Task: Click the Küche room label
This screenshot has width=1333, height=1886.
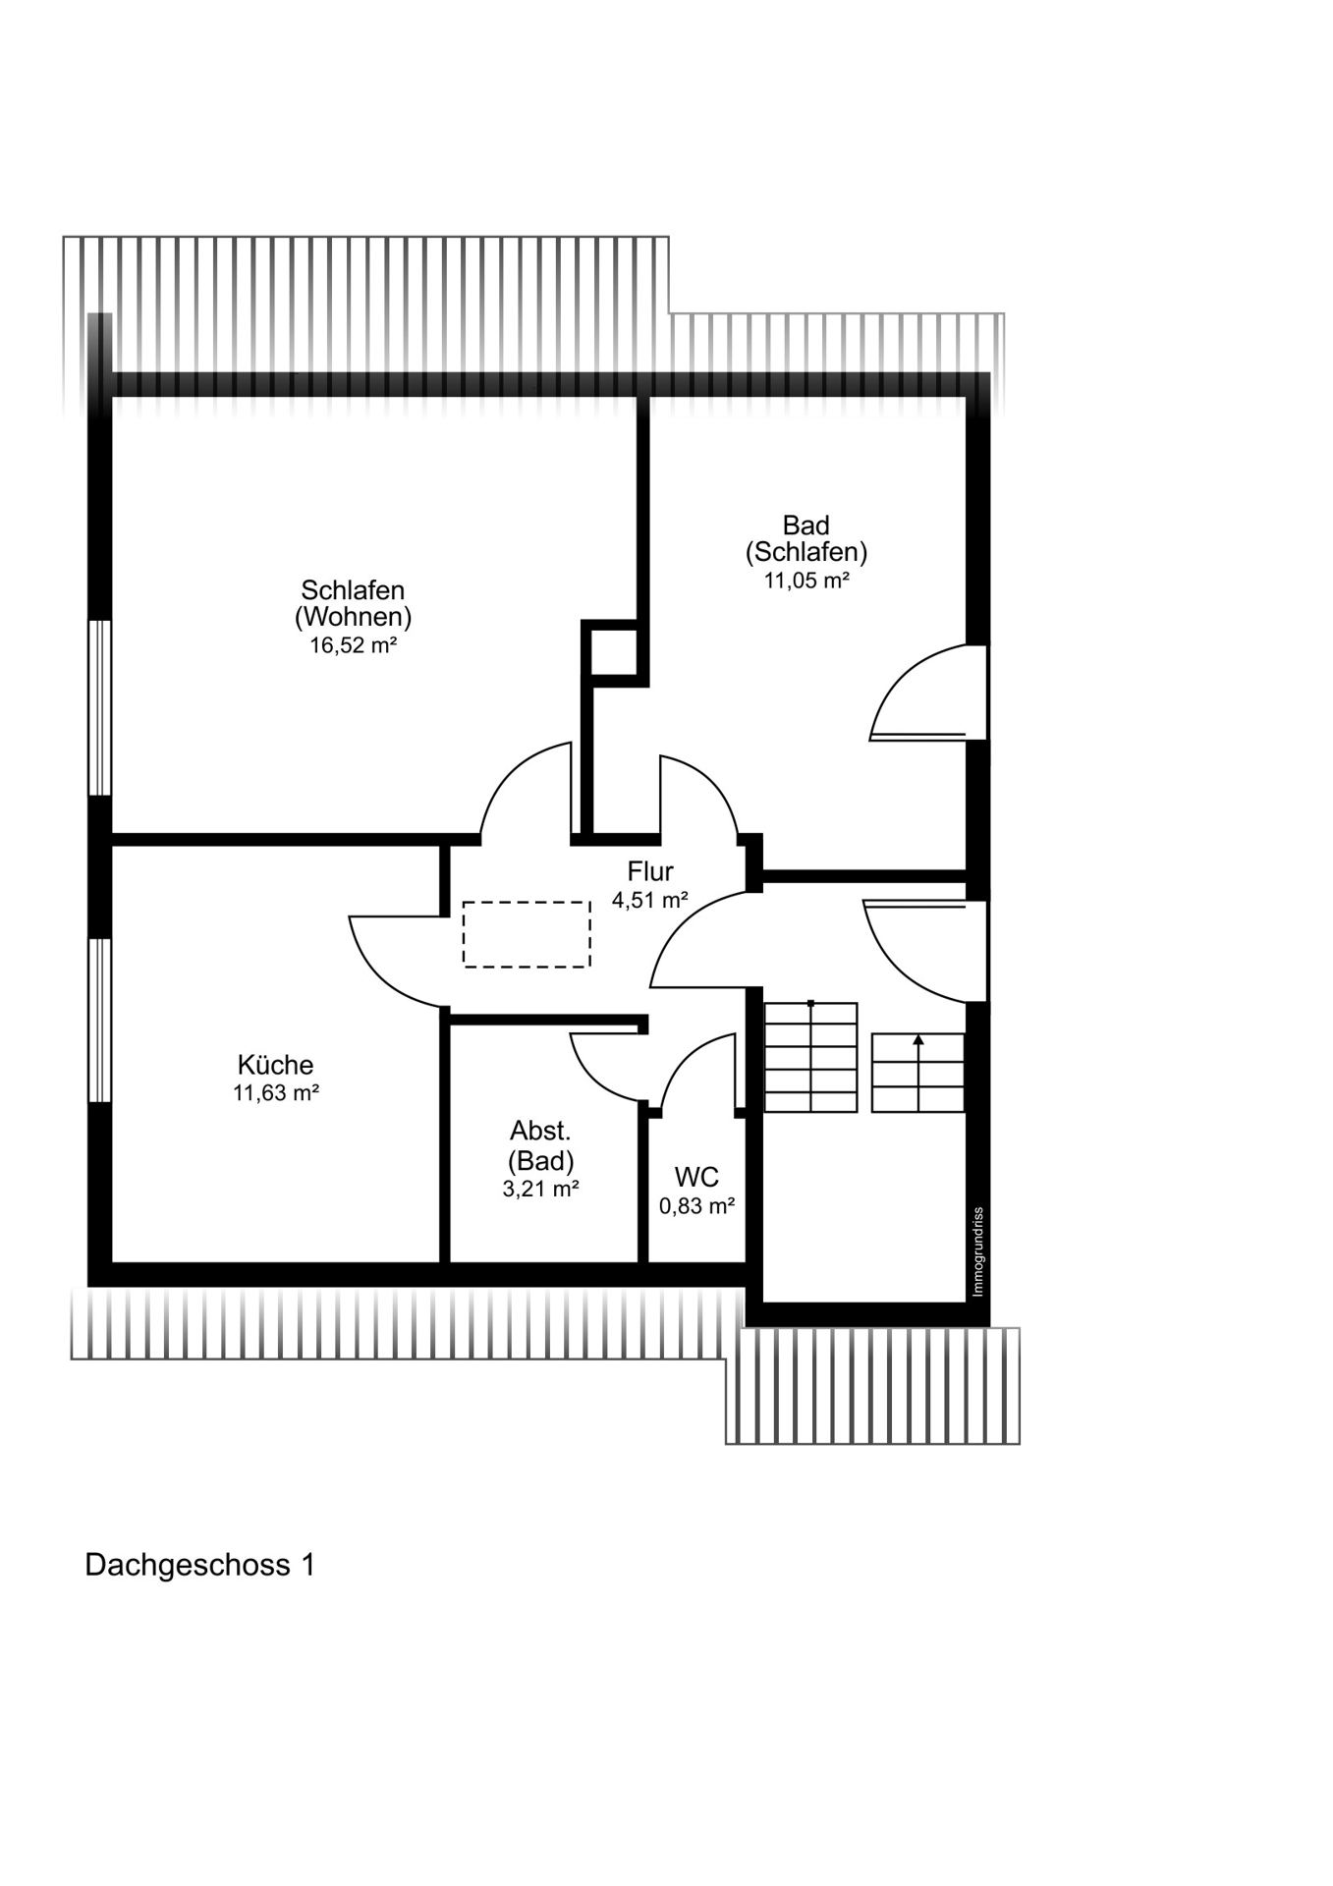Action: [275, 1065]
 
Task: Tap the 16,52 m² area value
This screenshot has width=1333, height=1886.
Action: [353, 645]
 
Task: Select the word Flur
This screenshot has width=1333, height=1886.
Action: [650, 871]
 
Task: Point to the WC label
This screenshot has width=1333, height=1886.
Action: [696, 1177]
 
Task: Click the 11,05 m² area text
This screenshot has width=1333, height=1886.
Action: [806, 580]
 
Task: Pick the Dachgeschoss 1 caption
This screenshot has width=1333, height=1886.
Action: [200, 1565]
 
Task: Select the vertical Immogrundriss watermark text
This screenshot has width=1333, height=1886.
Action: [977, 1251]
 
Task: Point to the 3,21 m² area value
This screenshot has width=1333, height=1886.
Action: [540, 1189]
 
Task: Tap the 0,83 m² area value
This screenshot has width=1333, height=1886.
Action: [696, 1206]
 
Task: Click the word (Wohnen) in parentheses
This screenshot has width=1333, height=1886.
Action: [353, 617]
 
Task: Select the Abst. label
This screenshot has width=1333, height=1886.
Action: [540, 1131]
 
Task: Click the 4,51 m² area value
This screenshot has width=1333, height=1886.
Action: [649, 900]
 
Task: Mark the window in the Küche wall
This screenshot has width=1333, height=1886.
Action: [100, 1020]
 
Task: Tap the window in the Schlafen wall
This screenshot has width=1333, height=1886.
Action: [100, 707]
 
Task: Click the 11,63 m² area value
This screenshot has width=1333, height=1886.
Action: [275, 1093]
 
